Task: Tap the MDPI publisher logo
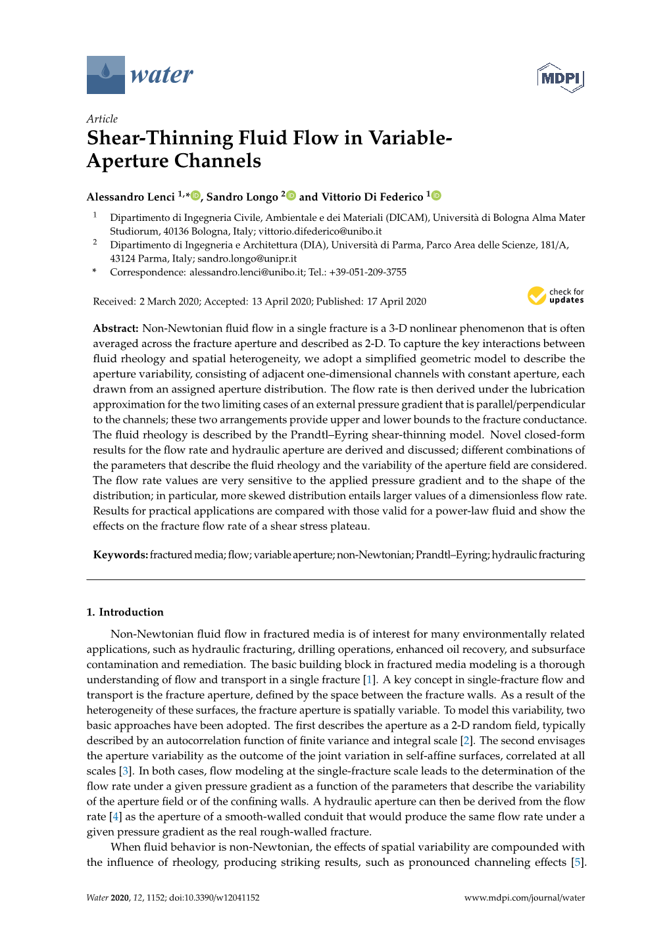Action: tap(560, 78)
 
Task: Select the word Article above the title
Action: tap(102, 119)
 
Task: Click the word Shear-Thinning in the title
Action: tap(160, 138)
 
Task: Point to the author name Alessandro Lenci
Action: tap(130, 197)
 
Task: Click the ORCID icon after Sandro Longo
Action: tap(291, 196)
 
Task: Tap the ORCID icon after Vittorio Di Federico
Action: tap(437, 196)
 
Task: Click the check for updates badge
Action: tap(555, 296)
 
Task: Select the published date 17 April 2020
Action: tap(396, 302)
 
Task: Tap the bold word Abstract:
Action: tap(116, 329)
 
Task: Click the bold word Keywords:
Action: tap(120, 555)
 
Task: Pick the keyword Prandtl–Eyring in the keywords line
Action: tap(451, 555)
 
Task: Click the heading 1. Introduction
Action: tap(125, 612)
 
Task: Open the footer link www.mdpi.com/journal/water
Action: tap(524, 897)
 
